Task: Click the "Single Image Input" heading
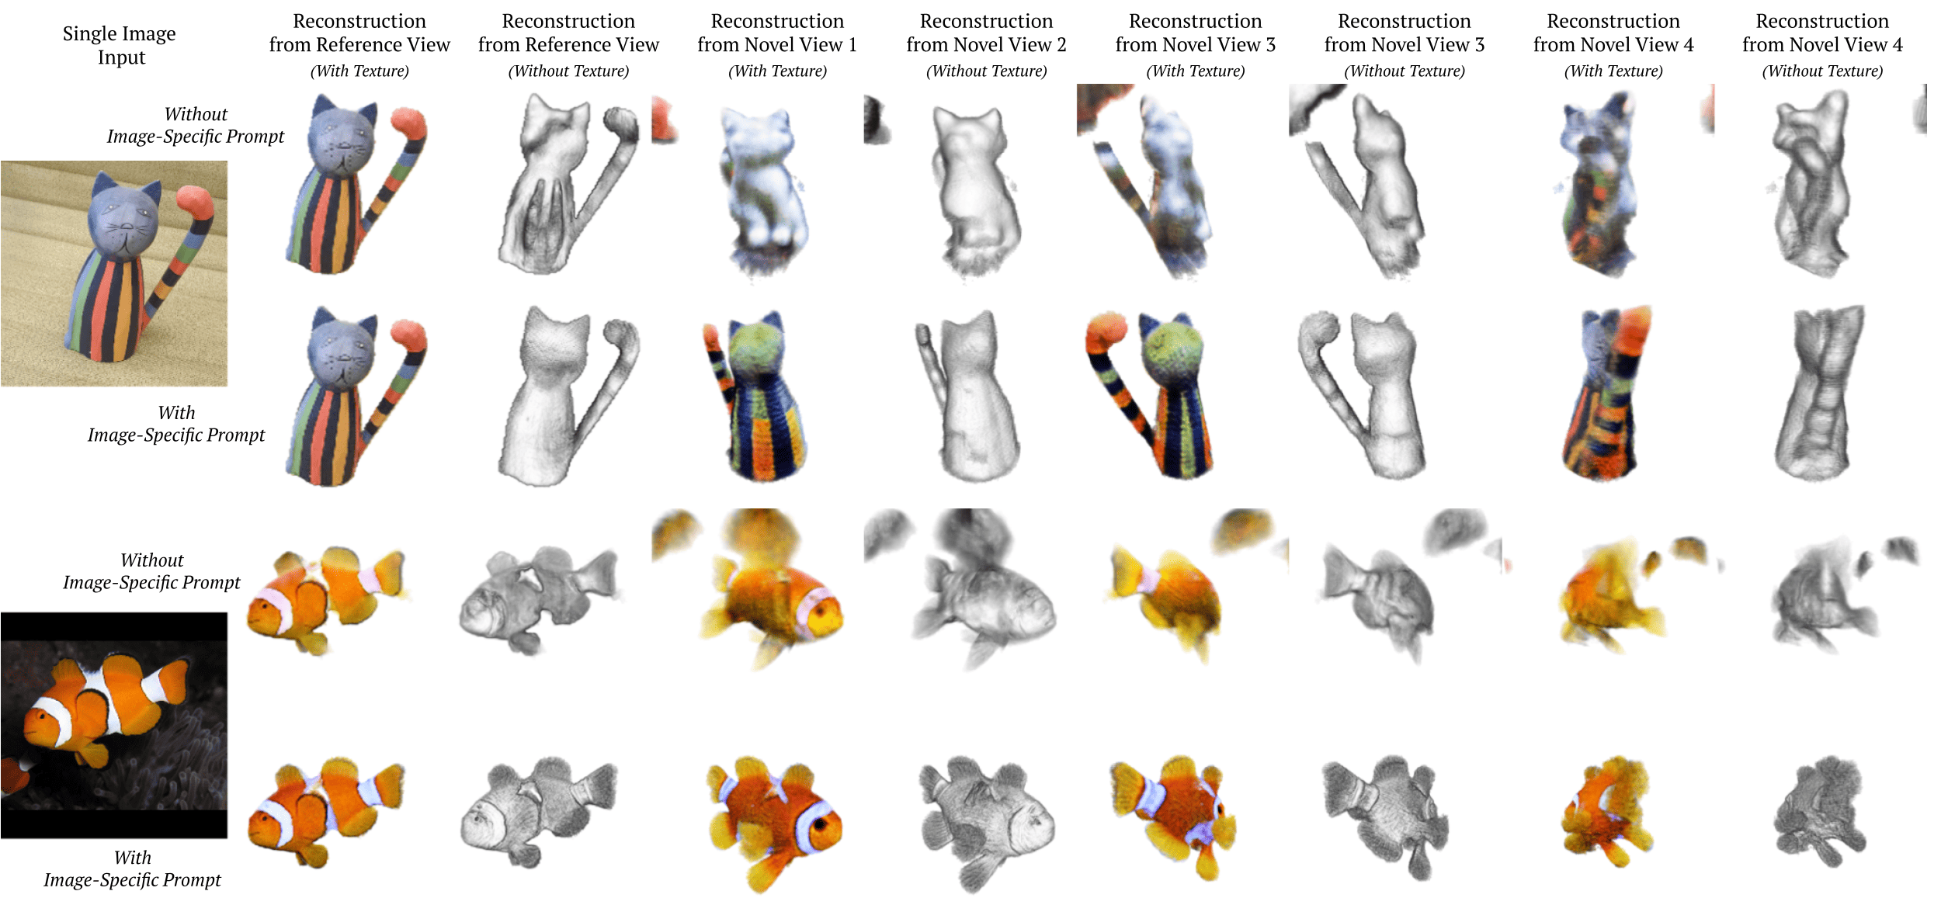(119, 45)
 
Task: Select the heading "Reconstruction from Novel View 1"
(777, 33)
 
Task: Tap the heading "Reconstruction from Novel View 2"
(986, 33)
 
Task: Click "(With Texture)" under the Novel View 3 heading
(1196, 71)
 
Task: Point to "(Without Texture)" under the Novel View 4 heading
(1822, 71)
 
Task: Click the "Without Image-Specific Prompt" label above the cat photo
(196, 125)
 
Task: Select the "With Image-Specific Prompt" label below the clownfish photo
(132, 869)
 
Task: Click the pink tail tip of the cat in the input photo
(194, 200)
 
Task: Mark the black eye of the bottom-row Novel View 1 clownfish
(822, 825)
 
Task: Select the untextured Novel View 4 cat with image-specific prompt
(1819, 393)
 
